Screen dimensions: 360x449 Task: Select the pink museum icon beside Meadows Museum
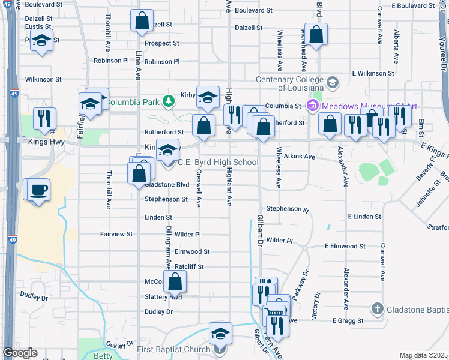tap(312, 106)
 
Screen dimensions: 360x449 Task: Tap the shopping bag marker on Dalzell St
tap(141, 21)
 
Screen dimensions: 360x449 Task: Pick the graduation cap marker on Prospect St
tap(41, 41)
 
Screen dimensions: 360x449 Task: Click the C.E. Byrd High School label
tap(218, 162)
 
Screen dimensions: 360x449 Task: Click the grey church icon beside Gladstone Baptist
tap(377, 309)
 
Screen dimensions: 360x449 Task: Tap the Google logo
tap(20, 353)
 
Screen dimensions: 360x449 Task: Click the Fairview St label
tap(116, 234)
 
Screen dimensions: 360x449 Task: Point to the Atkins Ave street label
tap(300, 157)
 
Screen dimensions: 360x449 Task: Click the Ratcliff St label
tap(189, 266)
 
